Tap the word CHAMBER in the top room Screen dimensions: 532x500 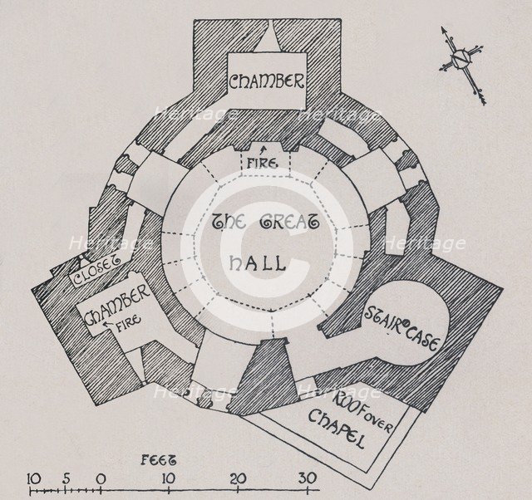tap(267, 82)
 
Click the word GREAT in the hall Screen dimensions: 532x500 tap(291, 223)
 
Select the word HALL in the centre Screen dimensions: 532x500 tap(256, 264)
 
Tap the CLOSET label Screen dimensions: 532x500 tap(97, 272)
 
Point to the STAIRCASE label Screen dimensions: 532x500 tap(401, 325)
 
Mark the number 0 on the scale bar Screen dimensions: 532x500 tap(101, 478)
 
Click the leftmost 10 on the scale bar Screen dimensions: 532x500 tap(34, 478)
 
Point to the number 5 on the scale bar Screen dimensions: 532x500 tap(66, 478)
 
